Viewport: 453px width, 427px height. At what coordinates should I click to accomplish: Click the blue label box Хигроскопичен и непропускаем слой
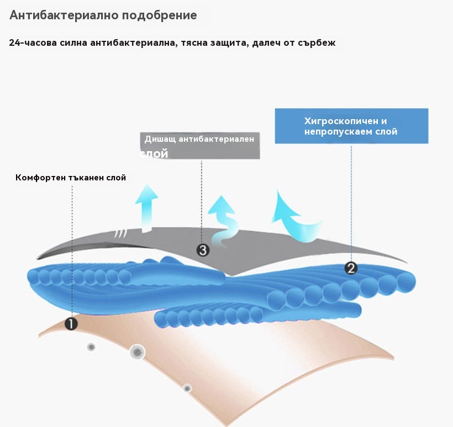351,126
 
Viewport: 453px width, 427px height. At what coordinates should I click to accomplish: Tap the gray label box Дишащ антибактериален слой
199,146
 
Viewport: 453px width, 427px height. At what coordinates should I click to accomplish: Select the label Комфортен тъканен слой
71,178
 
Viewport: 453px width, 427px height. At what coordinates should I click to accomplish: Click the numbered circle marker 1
71,324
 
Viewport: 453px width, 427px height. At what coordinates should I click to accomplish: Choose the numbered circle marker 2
351,268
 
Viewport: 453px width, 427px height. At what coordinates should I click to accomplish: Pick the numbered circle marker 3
203,250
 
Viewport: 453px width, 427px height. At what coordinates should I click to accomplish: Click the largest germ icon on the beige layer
137,351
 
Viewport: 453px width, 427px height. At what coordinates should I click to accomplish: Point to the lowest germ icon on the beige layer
187,388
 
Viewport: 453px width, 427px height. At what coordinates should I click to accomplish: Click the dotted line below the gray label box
202,199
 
